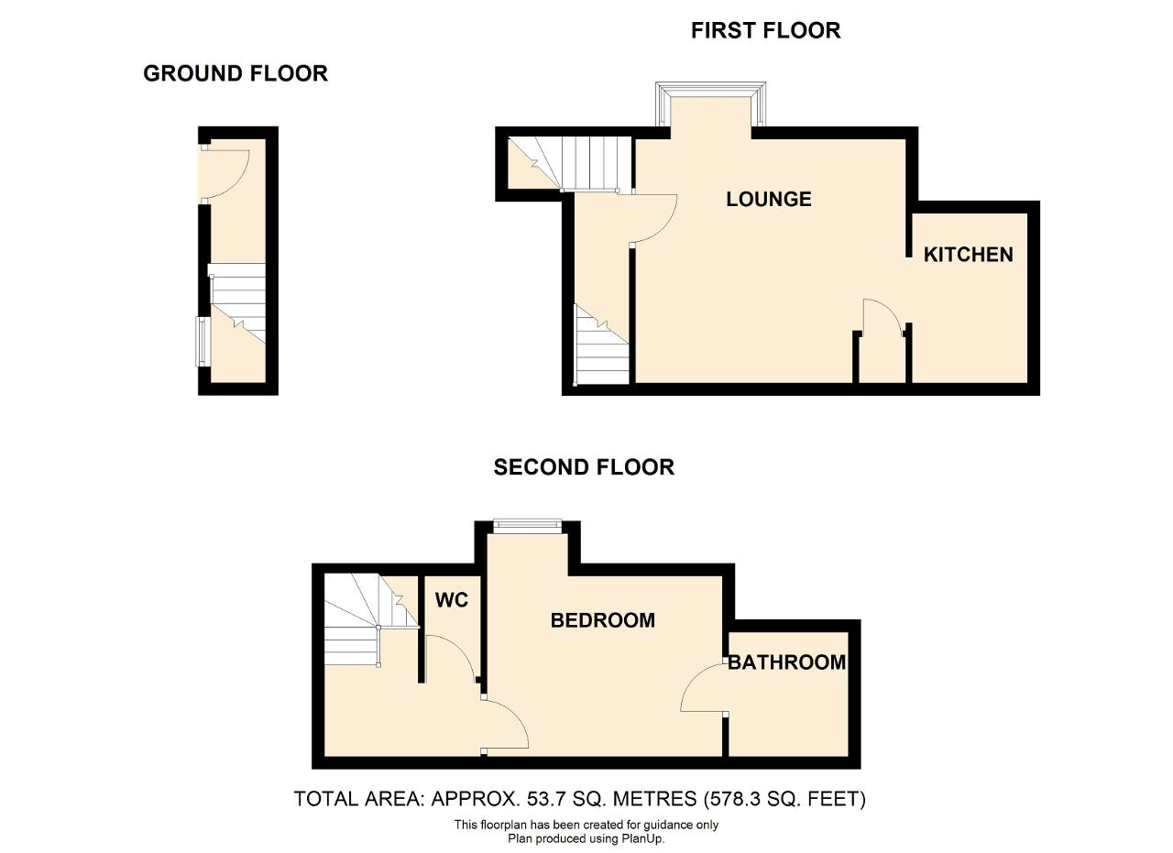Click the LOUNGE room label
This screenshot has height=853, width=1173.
(x=768, y=199)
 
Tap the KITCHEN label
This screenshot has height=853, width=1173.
(x=969, y=255)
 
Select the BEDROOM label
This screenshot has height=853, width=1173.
(x=603, y=620)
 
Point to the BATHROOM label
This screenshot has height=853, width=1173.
(x=787, y=662)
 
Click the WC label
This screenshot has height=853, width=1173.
(x=452, y=600)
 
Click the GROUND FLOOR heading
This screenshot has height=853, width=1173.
(x=236, y=73)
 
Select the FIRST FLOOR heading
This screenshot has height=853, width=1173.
(x=765, y=30)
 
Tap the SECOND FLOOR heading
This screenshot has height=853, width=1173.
(x=584, y=467)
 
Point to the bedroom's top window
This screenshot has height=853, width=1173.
(x=527, y=525)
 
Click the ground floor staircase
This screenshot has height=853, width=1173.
(x=236, y=303)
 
